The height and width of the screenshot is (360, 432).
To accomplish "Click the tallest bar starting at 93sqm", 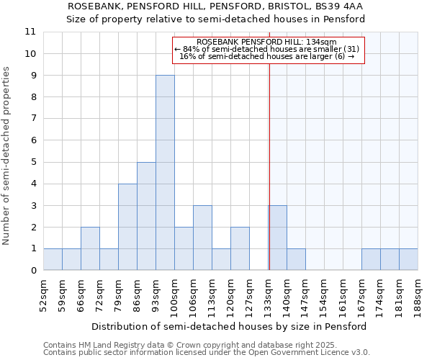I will pyautogui.click(x=165, y=173).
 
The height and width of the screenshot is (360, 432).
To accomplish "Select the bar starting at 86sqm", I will pyautogui.click(x=146, y=216).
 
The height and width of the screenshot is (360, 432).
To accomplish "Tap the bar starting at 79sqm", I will pyautogui.click(x=127, y=227).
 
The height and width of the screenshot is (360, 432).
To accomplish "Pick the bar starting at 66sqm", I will pyautogui.click(x=90, y=248).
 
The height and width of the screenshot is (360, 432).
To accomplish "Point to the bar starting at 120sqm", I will pyautogui.click(x=240, y=248).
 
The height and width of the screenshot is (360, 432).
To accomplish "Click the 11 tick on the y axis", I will pyautogui.click(x=30, y=32).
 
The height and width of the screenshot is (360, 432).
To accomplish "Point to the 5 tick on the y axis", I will pyautogui.click(x=33, y=162).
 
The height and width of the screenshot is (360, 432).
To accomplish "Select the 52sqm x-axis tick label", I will pyautogui.click(x=43, y=294).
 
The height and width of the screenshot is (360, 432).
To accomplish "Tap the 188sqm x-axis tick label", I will pyautogui.click(x=418, y=294).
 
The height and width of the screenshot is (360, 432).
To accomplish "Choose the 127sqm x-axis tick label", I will pyautogui.click(x=249, y=294).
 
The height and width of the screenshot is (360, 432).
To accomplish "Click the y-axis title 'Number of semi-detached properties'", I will pyautogui.click(x=6, y=156).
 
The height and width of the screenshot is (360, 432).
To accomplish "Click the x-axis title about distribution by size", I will pyautogui.click(x=230, y=326).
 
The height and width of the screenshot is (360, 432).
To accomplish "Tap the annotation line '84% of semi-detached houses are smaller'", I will pyautogui.click(x=266, y=49).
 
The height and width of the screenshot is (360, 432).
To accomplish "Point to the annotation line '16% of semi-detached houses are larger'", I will pyautogui.click(x=266, y=56).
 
